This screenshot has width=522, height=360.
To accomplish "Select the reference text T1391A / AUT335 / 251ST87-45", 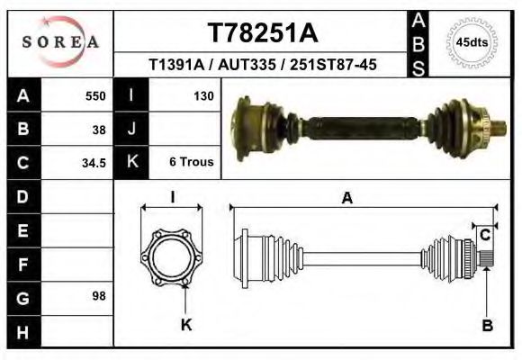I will (x=262, y=65).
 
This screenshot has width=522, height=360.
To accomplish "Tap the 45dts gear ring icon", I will (x=472, y=42).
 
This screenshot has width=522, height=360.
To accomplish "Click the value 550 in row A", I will (x=95, y=95).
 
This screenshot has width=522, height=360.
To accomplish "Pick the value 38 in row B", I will (x=99, y=129).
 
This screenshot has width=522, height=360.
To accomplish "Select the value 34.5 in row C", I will (x=94, y=163).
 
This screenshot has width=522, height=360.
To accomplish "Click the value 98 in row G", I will (x=99, y=295).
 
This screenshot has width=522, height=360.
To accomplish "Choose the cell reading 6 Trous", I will (x=191, y=163).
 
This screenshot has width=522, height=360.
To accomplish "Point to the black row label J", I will (x=131, y=129).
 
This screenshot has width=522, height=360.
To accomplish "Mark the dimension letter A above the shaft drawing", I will (x=346, y=200).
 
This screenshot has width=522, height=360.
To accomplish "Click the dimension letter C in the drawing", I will (x=484, y=235).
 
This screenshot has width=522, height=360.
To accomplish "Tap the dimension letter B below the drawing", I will (x=487, y=326).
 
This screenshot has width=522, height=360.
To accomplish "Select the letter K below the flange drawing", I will (x=186, y=325).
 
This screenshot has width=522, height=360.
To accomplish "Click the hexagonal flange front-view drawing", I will (x=172, y=256).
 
